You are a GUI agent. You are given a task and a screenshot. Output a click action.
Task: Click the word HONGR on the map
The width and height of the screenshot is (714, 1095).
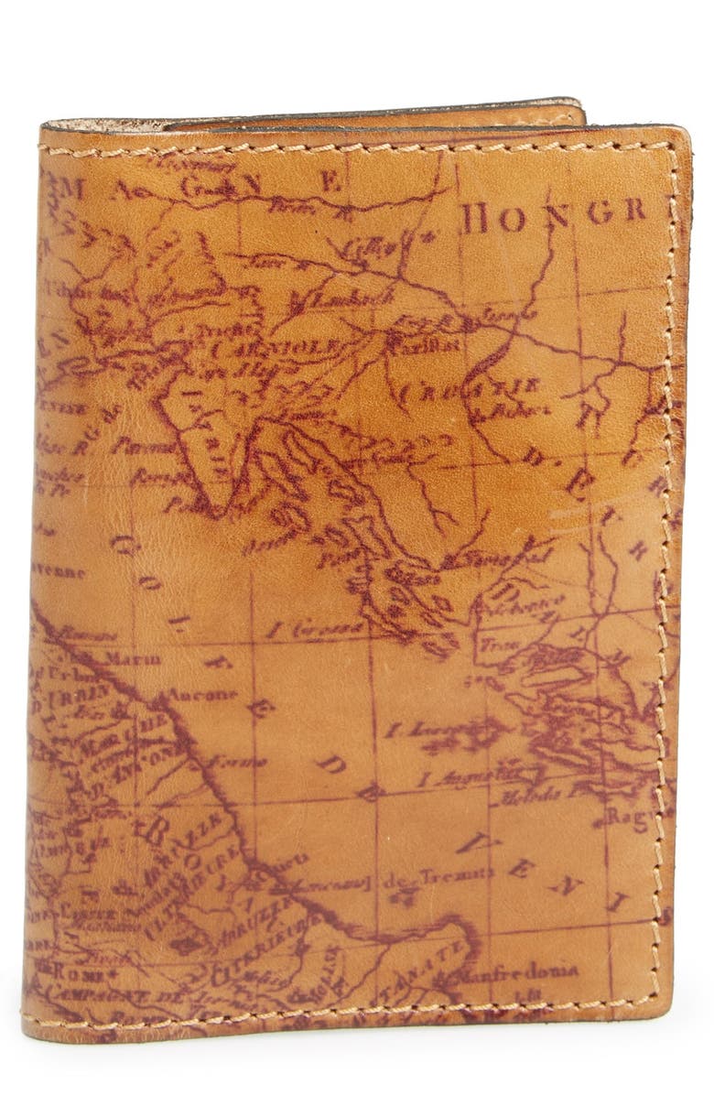coord(553,213)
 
